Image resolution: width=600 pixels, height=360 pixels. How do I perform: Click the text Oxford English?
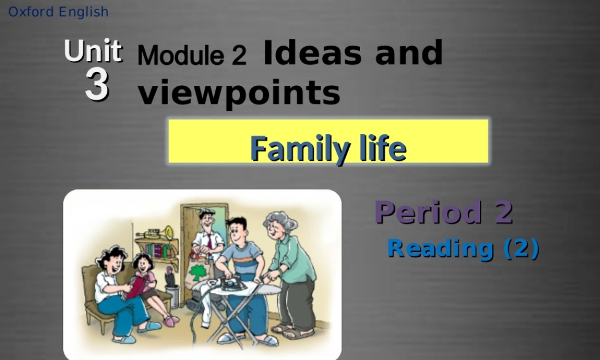(x=58, y=12)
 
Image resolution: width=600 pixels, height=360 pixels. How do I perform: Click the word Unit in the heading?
(x=93, y=52)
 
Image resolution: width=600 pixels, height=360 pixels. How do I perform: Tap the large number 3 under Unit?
(x=97, y=85)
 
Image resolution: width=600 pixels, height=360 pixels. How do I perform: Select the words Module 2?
(x=191, y=55)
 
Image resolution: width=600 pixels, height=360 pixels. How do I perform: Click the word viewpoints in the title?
(x=239, y=93)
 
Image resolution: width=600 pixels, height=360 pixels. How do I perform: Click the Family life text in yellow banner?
(x=328, y=148)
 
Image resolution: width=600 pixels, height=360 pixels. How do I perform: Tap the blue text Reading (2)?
(x=463, y=248)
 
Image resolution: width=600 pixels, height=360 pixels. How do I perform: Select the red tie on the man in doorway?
(x=209, y=240)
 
